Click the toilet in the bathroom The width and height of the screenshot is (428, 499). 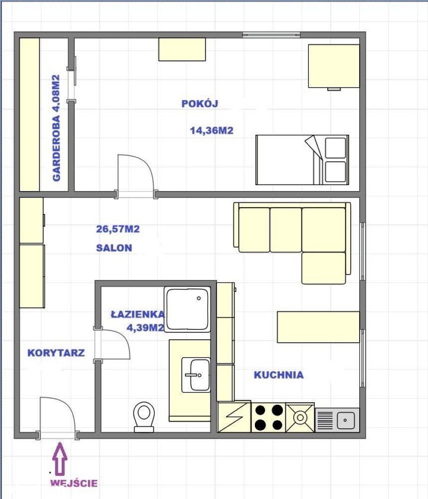(x=144, y=417)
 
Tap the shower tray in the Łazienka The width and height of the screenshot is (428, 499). (x=188, y=309)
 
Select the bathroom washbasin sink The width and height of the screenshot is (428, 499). (x=196, y=375)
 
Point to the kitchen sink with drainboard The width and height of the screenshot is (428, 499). (x=337, y=420)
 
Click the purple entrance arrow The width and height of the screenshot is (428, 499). (x=60, y=459)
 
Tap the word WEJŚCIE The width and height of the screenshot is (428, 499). (x=74, y=483)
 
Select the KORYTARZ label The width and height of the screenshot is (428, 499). (x=56, y=353)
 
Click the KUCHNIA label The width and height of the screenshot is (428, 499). (x=278, y=375)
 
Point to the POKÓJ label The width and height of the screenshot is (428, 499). (x=200, y=103)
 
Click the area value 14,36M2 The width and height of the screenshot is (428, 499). (x=212, y=130)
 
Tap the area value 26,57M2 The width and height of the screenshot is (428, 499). (x=118, y=229)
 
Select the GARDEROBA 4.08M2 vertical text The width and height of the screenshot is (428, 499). (x=56, y=128)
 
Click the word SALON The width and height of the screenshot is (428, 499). (x=114, y=248)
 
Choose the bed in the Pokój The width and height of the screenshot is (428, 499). (x=302, y=160)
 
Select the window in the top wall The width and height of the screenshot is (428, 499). (x=271, y=34)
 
